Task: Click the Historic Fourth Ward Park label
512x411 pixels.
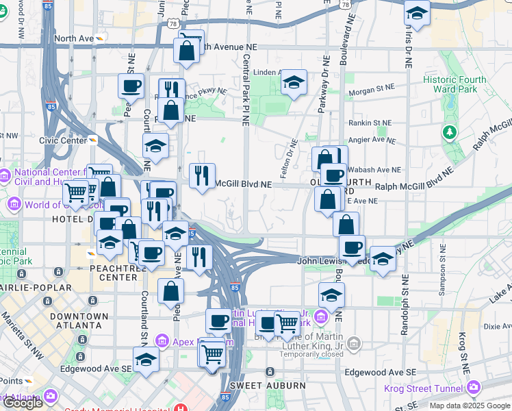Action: coord(455,85)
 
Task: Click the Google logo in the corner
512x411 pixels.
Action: coord(23,403)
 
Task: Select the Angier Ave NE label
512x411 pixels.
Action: coord(372,140)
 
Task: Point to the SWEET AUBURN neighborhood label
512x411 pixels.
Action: coord(268,386)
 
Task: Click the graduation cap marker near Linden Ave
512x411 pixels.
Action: coord(294,83)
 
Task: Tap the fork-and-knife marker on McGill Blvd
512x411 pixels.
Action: coord(202,175)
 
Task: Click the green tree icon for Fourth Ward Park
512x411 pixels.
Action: coord(450,132)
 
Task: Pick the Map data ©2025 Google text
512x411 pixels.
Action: coord(470,406)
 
